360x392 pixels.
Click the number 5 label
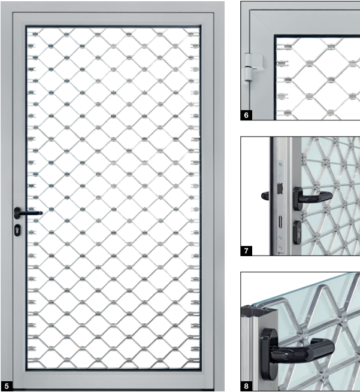(6, 386)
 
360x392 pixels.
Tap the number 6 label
(246, 116)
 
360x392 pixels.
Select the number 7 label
(246, 251)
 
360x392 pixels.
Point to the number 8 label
(246, 387)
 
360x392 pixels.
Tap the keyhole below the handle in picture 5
(17, 230)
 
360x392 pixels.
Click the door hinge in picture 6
(248, 67)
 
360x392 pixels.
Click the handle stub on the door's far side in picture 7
(265, 196)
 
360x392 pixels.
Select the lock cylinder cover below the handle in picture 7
(297, 232)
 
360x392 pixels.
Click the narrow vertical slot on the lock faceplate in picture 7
(280, 222)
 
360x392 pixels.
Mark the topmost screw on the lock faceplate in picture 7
(280, 165)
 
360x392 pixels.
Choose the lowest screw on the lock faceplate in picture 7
(280, 248)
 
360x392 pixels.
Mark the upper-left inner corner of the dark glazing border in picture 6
(276, 37)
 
